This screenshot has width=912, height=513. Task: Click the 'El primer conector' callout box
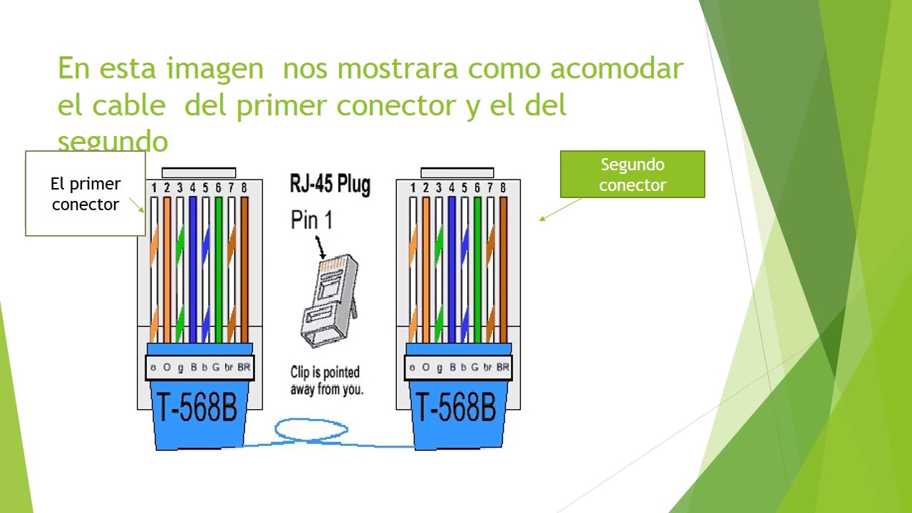tap(85, 193)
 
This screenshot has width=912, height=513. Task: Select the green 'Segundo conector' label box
tap(632, 175)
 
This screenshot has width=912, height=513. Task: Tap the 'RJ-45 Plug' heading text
tap(330, 184)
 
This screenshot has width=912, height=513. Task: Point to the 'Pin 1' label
tap(311, 220)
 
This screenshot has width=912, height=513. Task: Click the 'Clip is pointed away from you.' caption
tap(326, 380)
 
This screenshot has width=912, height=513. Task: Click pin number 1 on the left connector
tap(154, 188)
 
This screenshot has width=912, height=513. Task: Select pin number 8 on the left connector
tap(244, 188)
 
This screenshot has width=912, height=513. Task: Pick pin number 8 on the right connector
tap(502, 188)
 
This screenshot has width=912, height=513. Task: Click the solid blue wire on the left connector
tap(192, 271)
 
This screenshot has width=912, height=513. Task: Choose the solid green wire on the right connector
tap(477, 271)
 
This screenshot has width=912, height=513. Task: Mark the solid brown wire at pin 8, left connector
tap(244, 271)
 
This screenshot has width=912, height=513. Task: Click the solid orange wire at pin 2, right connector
tap(425, 271)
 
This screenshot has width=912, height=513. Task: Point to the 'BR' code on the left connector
tap(244, 368)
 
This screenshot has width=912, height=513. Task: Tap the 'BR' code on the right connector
tap(502, 368)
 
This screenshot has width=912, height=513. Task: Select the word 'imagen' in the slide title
tap(214, 69)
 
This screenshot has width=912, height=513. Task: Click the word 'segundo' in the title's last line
tap(113, 141)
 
